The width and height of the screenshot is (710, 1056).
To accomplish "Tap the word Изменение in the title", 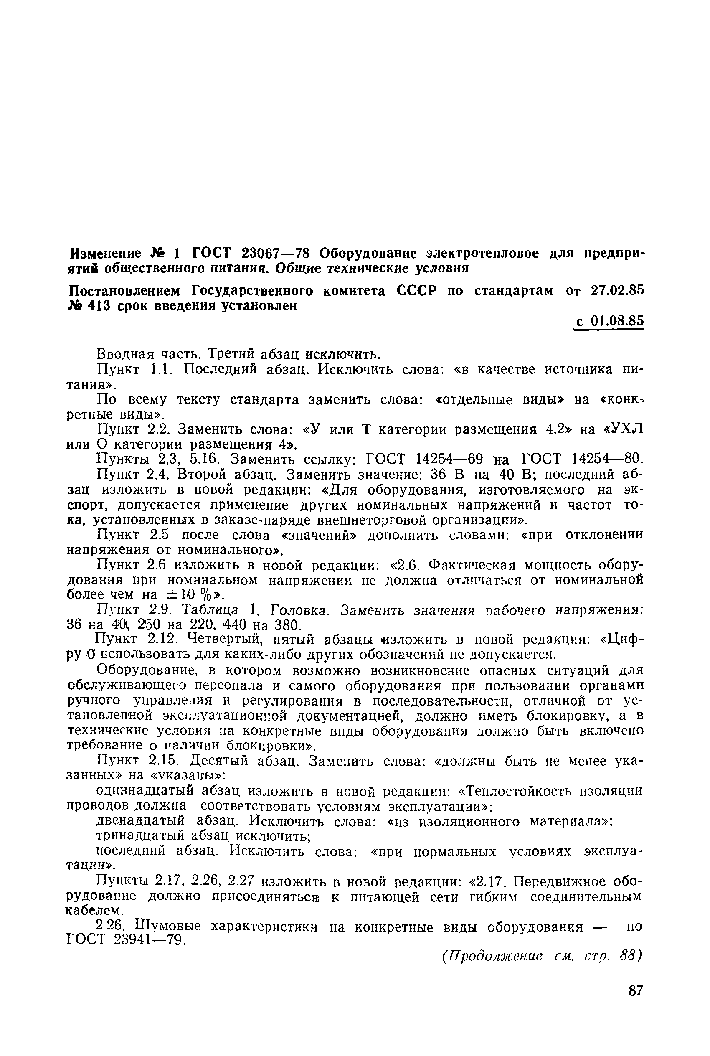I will point(106,253).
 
